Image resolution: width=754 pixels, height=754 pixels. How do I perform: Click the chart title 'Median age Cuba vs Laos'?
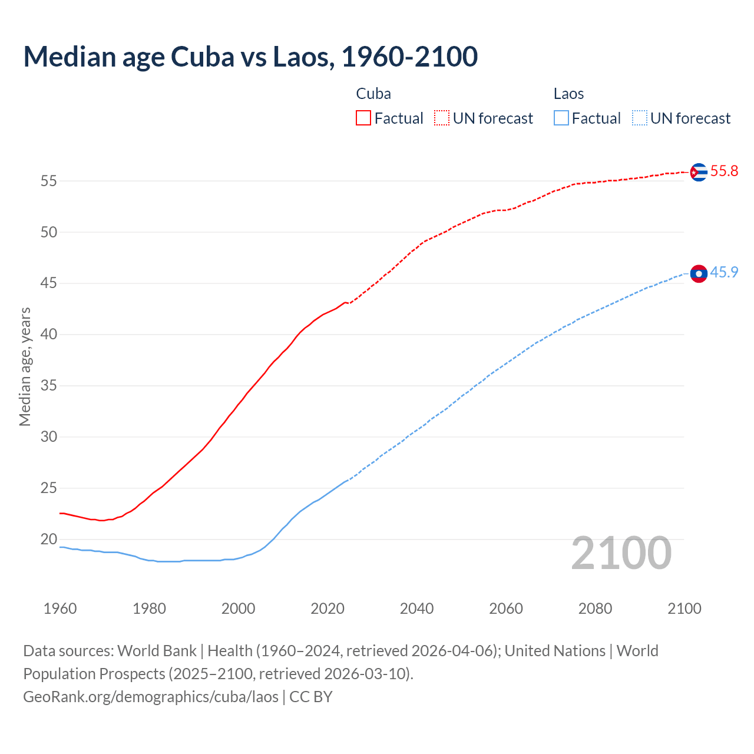[x=250, y=57]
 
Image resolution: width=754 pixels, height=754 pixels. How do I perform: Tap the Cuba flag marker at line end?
[x=698, y=172]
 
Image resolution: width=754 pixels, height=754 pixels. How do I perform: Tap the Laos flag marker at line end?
[x=698, y=273]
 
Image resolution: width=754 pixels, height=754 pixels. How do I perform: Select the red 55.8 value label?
[x=724, y=171]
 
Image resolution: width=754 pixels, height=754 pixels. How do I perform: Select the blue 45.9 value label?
[x=724, y=273]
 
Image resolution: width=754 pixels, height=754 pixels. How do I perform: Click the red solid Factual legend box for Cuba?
[x=363, y=118]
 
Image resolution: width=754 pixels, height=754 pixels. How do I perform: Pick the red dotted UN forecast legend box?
[x=442, y=118]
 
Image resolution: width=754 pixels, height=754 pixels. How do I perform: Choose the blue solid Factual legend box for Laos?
[x=561, y=118]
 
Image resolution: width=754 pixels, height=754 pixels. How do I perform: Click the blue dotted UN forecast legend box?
[x=639, y=118]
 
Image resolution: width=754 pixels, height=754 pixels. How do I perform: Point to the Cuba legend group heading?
[x=373, y=94]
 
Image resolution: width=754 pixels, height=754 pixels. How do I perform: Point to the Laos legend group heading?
[x=568, y=94]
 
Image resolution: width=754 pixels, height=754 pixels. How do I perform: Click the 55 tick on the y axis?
[x=49, y=181]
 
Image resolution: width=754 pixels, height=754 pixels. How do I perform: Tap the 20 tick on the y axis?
[x=49, y=539]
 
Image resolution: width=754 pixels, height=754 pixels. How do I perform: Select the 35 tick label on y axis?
[x=49, y=386]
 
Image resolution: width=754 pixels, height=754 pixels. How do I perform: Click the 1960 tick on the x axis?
[x=60, y=609]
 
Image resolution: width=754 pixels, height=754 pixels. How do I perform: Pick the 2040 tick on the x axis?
[x=416, y=609]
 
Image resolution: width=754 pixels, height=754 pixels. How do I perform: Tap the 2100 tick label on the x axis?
[x=684, y=609]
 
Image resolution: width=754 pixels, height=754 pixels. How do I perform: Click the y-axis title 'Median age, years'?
[x=25, y=366]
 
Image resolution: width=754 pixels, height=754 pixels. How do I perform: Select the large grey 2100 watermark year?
[x=621, y=553]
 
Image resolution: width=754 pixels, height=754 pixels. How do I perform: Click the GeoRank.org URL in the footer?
[x=151, y=697]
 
